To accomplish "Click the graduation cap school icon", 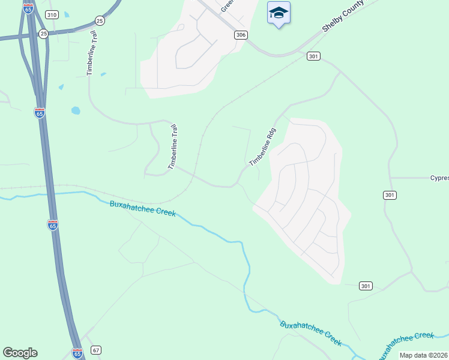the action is (x=279, y=13).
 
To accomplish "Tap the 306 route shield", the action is (x=241, y=35).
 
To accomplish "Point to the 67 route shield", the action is (x=96, y=350).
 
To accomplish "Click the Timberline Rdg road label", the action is (x=262, y=147).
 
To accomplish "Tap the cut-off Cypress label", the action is (x=439, y=178).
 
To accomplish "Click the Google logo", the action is (x=20, y=353).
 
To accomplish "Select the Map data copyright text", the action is (x=424, y=355).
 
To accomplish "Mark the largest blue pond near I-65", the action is (x=76, y=110).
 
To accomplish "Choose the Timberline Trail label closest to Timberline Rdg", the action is (x=172, y=146).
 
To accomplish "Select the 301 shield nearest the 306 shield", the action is (x=313, y=56).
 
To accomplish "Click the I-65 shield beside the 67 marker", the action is (x=77, y=353).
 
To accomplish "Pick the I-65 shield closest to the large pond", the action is (x=40, y=112).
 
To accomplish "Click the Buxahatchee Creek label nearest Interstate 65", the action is (x=143, y=208).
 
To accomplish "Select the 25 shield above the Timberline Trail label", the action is (x=100, y=20).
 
